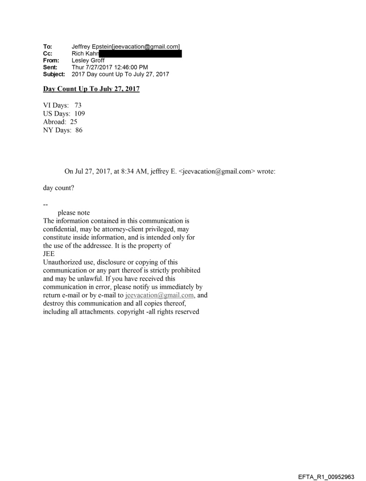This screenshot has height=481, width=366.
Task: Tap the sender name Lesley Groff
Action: [x=88, y=61]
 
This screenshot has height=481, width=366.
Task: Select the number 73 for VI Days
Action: [x=78, y=105]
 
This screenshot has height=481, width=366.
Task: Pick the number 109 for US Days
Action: [x=80, y=114]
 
